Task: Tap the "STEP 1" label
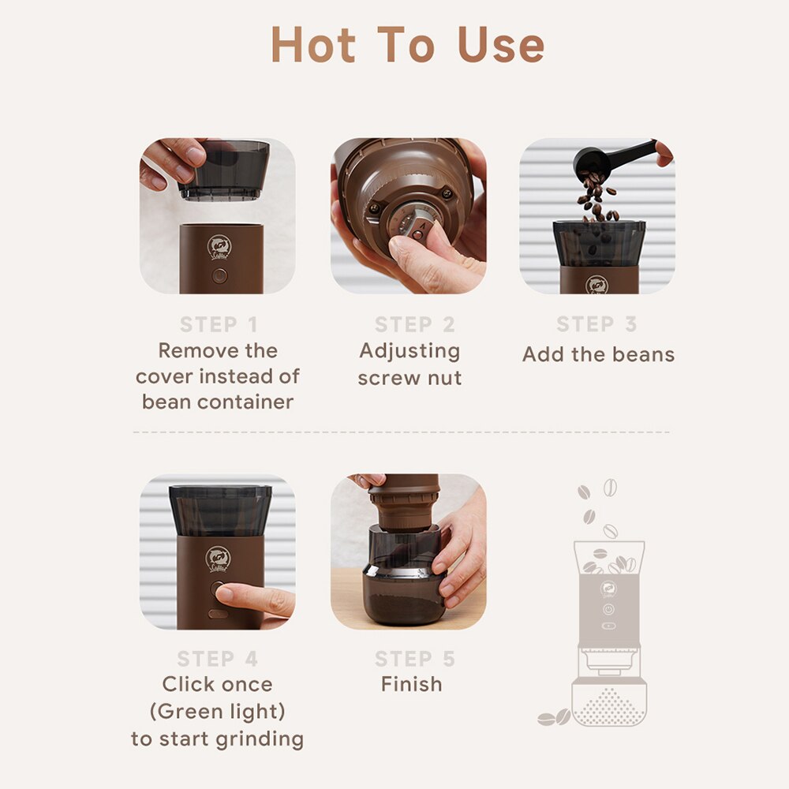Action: pyautogui.click(x=219, y=324)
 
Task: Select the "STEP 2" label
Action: pyautogui.click(x=414, y=324)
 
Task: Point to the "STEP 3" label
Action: pyautogui.click(x=596, y=324)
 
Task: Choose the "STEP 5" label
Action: pyautogui.click(x=414, y=659)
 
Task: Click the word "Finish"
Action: pyautogui.click(x=411, y=684)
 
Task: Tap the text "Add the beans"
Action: pyautogui.click(x=598, y=354)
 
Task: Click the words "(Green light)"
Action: pyautogui.click(x=217, y=712)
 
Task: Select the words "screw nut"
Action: pyautogui.click(x=409, y=378)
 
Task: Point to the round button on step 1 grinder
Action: pyautogui.click(x=219, y=275)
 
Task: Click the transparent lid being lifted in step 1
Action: pyautogui.click(x=223, y=168)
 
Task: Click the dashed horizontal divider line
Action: pyautogui.click(x=401, y=432)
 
